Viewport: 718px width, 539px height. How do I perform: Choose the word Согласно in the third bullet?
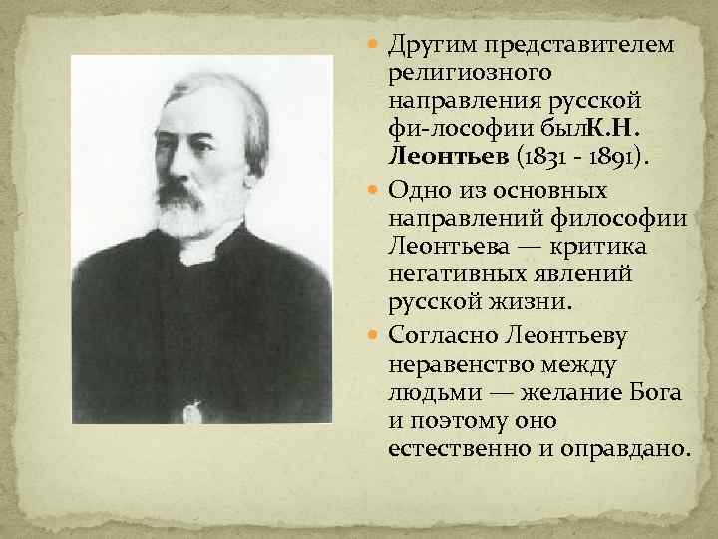pyautogui.click(x=438, y=336)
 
